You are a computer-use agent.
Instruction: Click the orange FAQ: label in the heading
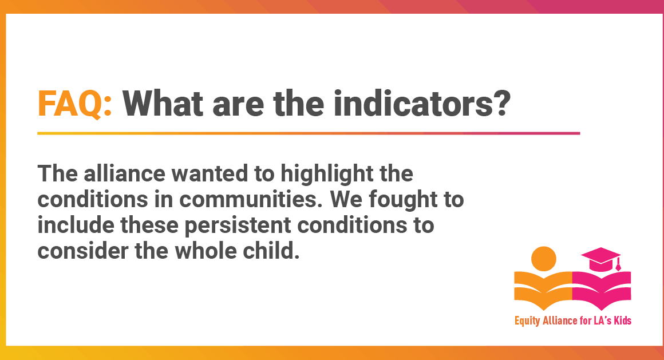75,104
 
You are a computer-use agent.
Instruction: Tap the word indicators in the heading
413,103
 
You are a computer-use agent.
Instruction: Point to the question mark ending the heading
501,103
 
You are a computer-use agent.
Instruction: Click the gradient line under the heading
309,133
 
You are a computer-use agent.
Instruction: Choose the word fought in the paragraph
403,200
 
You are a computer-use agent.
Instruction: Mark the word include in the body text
76,225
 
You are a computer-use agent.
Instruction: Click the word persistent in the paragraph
238,226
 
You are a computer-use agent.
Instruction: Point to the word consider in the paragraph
82,251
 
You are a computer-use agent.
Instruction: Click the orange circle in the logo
543,259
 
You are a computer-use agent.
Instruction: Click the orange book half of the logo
543,291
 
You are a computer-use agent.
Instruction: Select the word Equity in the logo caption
527,321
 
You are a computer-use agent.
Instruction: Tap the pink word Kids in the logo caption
623,320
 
